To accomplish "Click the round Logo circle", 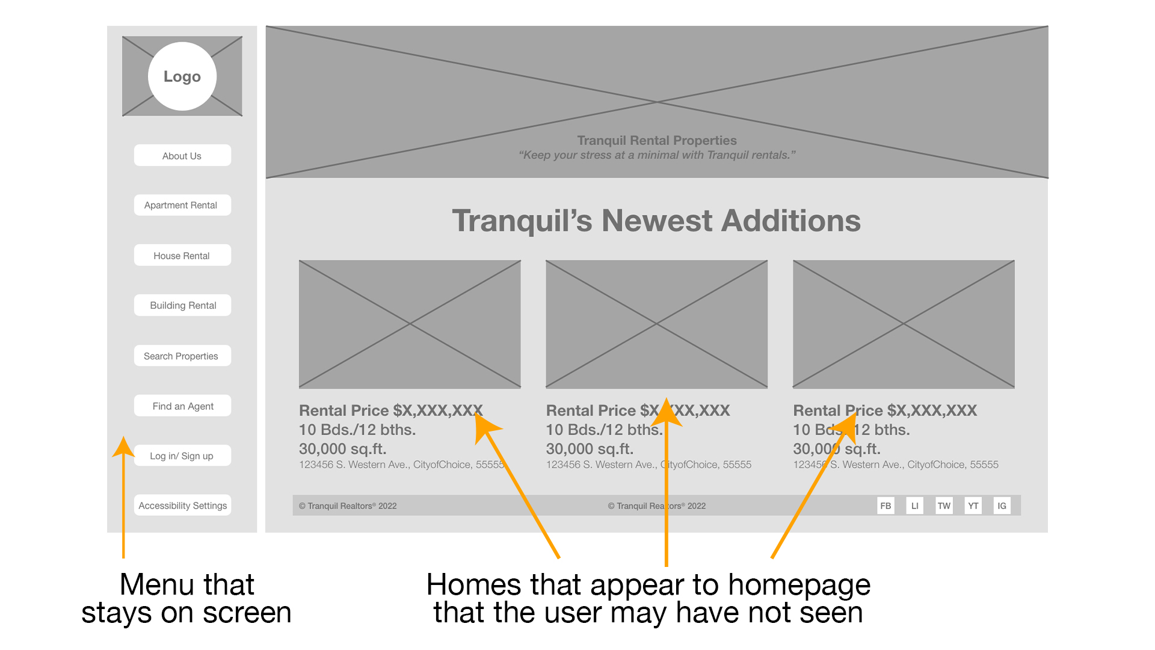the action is tap(182, 76).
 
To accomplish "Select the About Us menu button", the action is tap(182, 155).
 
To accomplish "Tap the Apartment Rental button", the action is tap(182, 205).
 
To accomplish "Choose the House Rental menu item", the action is tap(182, 255).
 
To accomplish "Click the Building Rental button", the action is tap(182, 305).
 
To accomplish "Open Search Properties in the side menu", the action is tap(182, 356).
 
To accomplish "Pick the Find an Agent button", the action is tap(182, 406).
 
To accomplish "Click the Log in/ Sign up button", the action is tap(182, 456).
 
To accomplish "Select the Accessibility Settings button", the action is tap(182, 506).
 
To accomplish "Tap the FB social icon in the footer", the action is tap(885, 506).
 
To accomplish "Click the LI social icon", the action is tap(914, 506).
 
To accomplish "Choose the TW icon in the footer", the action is tap(944, 506).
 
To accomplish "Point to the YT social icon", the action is tap(973, 506).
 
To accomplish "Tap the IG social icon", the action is tap(1002, 506).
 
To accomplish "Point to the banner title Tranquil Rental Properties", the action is tap(657, 140).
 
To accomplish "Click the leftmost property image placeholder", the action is tap(410, 324).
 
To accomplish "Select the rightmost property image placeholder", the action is tap(904, 324).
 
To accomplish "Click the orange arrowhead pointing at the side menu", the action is tap(123, 447).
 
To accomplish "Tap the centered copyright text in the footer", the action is tap(657, 506).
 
